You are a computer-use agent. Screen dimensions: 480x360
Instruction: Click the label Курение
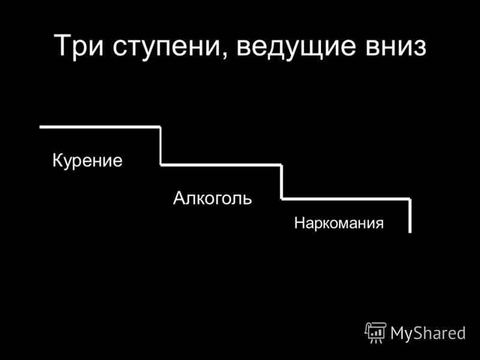(x=87, y=161)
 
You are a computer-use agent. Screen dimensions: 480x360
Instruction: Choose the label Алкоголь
(x=212, y=198)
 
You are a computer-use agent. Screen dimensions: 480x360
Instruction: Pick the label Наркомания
(x=339, y=224)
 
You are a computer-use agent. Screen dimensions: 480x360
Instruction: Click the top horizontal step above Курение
(x=100, y=127)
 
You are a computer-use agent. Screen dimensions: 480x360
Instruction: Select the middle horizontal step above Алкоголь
(x=221, y=164)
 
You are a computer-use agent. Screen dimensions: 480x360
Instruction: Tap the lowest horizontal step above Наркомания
(x=346, y=198)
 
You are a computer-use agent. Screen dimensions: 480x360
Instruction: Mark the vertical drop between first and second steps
(x=161, y=145)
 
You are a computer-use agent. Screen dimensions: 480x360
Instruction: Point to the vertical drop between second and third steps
(x=281, y=181)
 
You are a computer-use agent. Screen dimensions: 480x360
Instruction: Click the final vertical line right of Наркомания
(x=410, y=215)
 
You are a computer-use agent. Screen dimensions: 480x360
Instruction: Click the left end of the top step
(x=41, y=127)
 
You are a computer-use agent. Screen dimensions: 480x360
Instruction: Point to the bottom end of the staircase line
(x=410, y=231)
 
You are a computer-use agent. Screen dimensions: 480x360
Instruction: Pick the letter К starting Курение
(x=58, y=160)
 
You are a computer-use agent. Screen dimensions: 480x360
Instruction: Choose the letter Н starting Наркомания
(x=299, y=224)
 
